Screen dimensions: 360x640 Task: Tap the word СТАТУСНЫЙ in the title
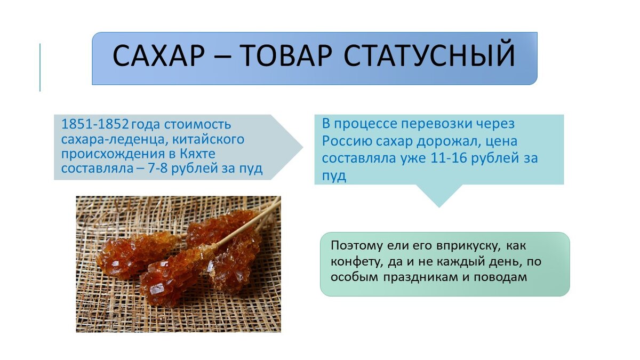[430, 57]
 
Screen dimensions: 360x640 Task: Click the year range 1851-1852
[95, 125]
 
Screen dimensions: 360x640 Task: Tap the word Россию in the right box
[343, 141]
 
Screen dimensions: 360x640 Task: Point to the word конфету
[356, 262]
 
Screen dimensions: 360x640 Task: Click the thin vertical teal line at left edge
[40, 67]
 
